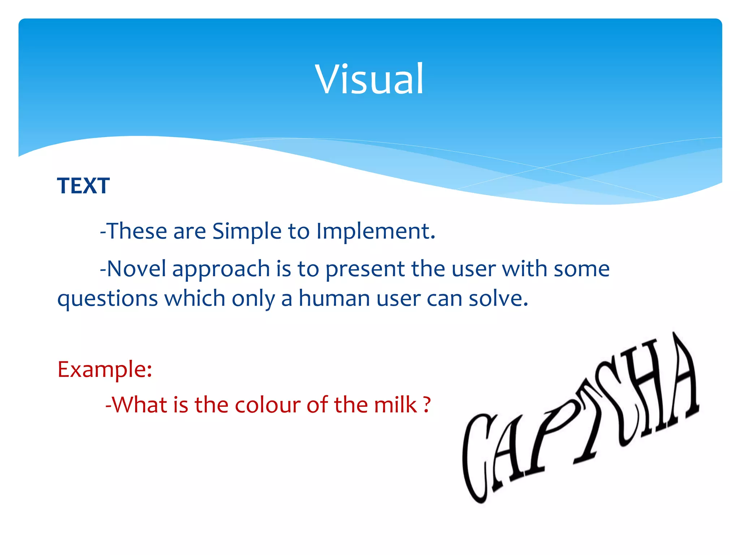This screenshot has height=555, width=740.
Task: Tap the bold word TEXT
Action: tap(83, 186)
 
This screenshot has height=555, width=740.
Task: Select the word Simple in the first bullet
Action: tap(246, 231)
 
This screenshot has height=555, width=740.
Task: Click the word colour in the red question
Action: tap(268, 405)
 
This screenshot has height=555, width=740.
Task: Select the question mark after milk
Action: tap(427, 405)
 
